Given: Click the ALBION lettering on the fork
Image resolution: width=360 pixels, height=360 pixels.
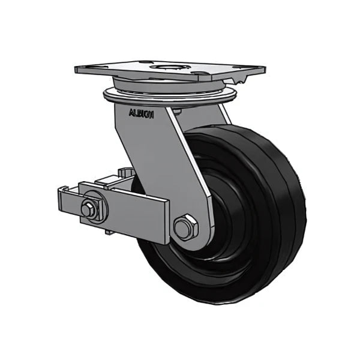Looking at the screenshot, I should tap(142, 113).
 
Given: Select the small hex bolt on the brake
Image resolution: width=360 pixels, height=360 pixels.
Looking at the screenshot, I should tap(88, 209).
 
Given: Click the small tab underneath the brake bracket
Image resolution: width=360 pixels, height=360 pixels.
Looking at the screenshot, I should tap(107, 230).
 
